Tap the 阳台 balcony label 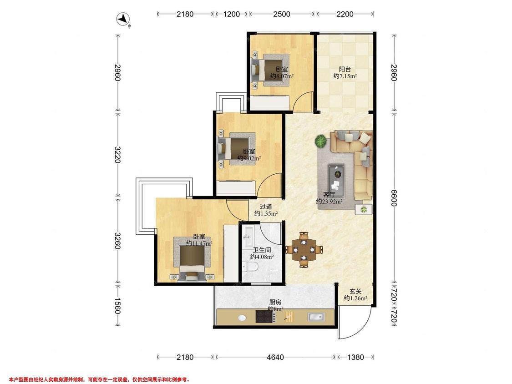click(x=345, y=69)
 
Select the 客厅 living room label click(x=329, y=195)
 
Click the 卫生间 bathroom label click(x=262, y=250)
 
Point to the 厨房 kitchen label click(x=275, y=302)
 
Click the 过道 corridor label click(x=266, y=207)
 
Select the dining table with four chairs click(x=304, y=250)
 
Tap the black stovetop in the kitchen click(x=265, y=316)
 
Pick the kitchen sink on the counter click(x=316, y=316)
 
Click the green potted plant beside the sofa click(x=320, y=141)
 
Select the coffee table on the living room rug click(x=336, y=177)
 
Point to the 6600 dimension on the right click(x=394, y=198)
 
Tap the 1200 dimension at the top click(x=231, y=14)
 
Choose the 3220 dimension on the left click(x=117, y=155)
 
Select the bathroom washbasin click(x=248, y=236)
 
